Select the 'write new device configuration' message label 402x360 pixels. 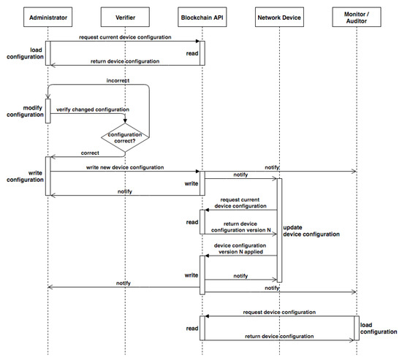125,168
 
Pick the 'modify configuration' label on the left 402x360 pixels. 23,113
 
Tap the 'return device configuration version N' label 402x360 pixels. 239,227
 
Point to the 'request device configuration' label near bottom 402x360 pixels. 280,311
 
